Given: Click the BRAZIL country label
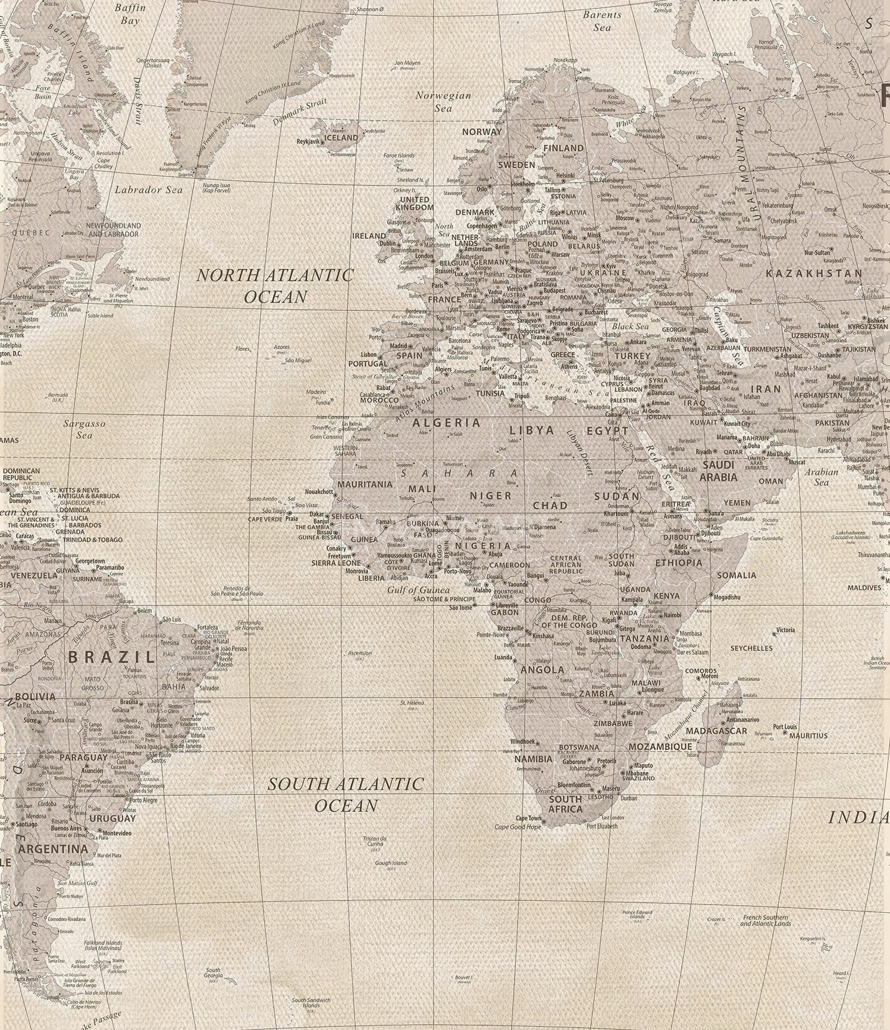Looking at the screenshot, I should pyautogui.click(x=111, y=657).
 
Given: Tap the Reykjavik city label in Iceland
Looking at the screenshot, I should pyautogui.click(x=309, y=142).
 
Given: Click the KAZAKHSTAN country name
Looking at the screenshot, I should pyautogui.click(x=813, y=274).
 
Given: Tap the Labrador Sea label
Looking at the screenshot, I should pyautogui.click(x=149, y=190).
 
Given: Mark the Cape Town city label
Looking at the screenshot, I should pyautogui.click(x=528, y=818).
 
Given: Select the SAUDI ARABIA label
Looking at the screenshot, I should pyautogui.click(x=718, y=471).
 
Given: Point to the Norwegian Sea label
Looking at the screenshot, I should pyautogui.click(x=443, y=102).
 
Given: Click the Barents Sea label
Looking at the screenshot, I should pyautogui.click(x=602, y=21).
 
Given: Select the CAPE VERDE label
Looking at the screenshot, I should pyautogui.click(x=265, y=519).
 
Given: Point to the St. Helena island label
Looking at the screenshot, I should pyautogui.click(x=412, y=703).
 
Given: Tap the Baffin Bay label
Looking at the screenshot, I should pyautogui.click(x=130, y=14).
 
